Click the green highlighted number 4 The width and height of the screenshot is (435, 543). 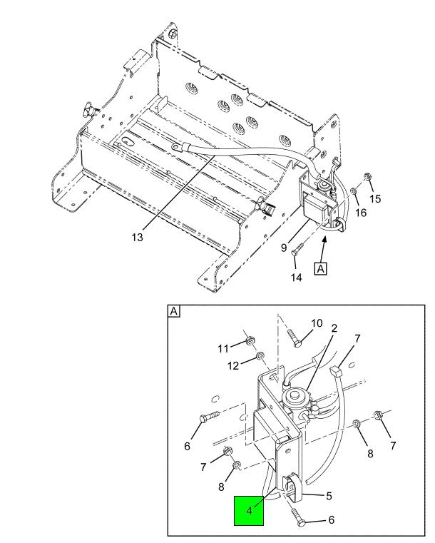pos(249,510)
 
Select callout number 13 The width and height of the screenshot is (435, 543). pos(137,237)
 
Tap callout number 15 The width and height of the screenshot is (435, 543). pos(375,199)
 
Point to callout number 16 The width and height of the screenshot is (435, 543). pos(361,213)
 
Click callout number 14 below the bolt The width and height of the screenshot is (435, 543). pos(296,277)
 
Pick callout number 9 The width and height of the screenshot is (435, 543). pos(284,248)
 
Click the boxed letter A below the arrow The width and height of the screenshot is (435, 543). pos(321,269)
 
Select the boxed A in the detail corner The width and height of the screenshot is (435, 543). pos(174,311)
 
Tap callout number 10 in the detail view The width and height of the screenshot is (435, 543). pos(317,323)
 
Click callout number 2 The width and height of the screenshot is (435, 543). pos(334,328)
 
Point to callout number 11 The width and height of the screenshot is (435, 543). pos(223,348)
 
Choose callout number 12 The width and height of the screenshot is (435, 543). pos(233,365)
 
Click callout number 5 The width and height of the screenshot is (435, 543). pos(329,496)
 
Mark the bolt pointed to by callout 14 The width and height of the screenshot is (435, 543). pos(298,250)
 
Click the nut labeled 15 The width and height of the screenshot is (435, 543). pos(367,177)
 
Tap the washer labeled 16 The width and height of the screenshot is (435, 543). pos(354,191)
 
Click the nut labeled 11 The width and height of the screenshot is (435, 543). pos(248,342)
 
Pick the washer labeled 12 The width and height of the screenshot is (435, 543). pos(259,355)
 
